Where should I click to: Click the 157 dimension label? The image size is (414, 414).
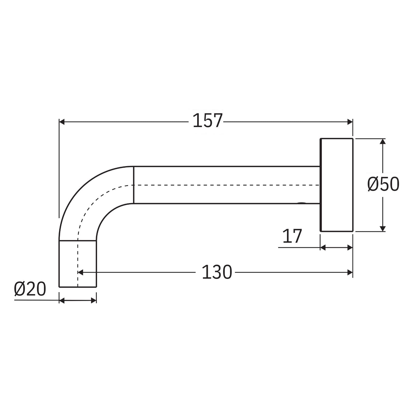tap(208, 121)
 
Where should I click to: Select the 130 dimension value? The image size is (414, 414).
tap(217, 272)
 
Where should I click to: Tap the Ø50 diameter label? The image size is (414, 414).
tap(383, 184)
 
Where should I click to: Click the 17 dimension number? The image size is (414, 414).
tap(292, 236)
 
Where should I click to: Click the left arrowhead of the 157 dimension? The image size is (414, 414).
tap(62, 122)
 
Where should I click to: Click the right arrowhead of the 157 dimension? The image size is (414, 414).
tap(350, 122)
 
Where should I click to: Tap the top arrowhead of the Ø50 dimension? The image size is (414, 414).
tap(383, 141)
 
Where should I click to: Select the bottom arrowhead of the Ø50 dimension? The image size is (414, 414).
tap(383, 228)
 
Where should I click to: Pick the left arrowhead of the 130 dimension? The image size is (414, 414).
tap(80, 272)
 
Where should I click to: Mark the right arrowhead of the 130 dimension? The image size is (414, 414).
tap(350, 272)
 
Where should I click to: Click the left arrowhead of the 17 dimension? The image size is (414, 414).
tap(323, 248)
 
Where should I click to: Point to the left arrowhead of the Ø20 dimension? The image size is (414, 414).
tap(62, 300)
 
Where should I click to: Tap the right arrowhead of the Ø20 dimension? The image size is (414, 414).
tap(94, 300)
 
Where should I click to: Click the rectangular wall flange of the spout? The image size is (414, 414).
tap(337, 185)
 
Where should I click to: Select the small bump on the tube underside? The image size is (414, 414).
tap(301, 203)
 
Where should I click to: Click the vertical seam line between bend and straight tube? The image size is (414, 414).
tap(134, 185)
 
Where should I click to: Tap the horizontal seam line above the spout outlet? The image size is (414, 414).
tap(78, 241)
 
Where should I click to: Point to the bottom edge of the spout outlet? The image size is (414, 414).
tap(78, 287)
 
